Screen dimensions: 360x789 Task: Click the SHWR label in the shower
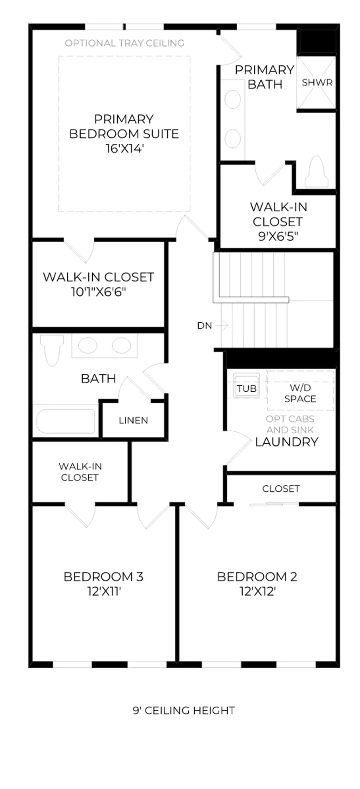click(x=317, y=82)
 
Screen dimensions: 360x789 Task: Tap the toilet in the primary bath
click(x=316, y=171)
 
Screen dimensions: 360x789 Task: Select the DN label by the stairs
click(x=205, y=326)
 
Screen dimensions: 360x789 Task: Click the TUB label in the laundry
click(x=247, y=389)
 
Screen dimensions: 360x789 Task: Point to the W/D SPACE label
click(x=300, y=393)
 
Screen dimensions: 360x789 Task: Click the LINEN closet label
click(x=133, y=420)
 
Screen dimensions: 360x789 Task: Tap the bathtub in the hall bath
click(x=66, y=421)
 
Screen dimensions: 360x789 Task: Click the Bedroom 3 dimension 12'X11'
click(x=104, y=592)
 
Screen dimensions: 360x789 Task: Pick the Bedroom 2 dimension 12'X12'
click(x=258, y=592)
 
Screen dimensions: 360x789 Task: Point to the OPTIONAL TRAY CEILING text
click(x=125, y=43)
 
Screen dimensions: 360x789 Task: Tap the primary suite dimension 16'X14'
click(x=125, y=149)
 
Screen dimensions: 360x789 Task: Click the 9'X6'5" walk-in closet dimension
click(x=278, y=236)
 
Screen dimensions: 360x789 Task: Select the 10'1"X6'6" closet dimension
click(x=98, y=292)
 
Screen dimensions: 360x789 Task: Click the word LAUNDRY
click(x=287, y=442)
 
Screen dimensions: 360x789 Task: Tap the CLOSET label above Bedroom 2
click(x=281, y=488)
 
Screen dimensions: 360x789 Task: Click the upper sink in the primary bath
click(x=232, y=99)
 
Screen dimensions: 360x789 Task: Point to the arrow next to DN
click(x=221, y=325)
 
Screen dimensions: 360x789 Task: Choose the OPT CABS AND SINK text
click(x=290, y=424)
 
